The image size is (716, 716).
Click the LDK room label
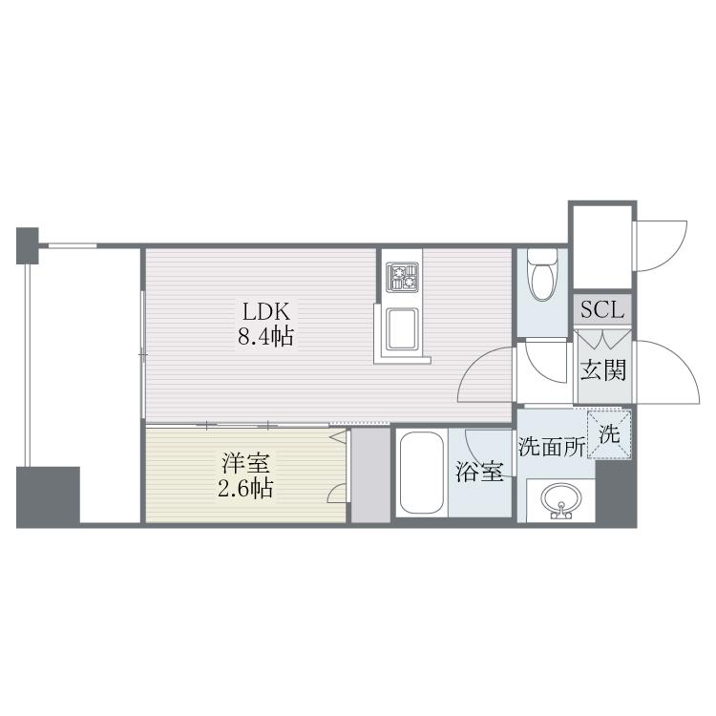click(265, 312)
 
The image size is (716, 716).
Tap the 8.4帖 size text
click(265, 337)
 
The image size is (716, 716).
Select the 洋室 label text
click(245, 463)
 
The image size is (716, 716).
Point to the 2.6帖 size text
click(245, 489)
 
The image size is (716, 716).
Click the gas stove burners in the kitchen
click(402, 277)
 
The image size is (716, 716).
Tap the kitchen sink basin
click(402, 329)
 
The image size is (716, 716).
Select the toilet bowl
click(542, 274)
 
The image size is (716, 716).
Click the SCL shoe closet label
click(602, 310)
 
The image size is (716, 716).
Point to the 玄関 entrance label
click(602, 369)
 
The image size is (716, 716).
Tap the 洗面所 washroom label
click(552, 447)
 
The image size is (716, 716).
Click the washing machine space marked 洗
click(610, 433)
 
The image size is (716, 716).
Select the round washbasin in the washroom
click(560, 500)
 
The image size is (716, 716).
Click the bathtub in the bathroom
click(421, 473)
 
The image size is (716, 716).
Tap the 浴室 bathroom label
click(479, 472)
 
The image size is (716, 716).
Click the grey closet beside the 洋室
click(370, 474)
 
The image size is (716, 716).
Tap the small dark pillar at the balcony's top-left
click(28, 245)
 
